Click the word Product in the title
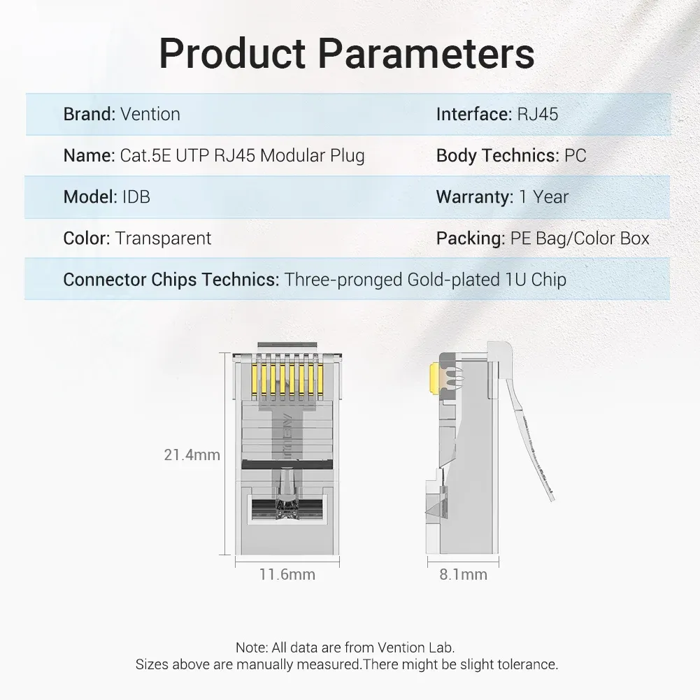pos(232,53)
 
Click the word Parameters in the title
pos(426,53)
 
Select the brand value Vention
pos(150,114)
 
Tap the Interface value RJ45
pos(538,114)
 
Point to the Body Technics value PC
pos(575,155)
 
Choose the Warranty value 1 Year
pos(544,197)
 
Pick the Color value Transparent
pos(163,238)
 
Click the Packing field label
pos(471,238)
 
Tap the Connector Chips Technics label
pos(171,280)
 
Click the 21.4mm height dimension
pos(192,455)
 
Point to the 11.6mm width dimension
pos(287,574)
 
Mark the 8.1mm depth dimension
pos(463,574)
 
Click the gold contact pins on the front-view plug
pos(287,380)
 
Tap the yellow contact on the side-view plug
pos(434,378)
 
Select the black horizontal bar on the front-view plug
pos(287,464)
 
